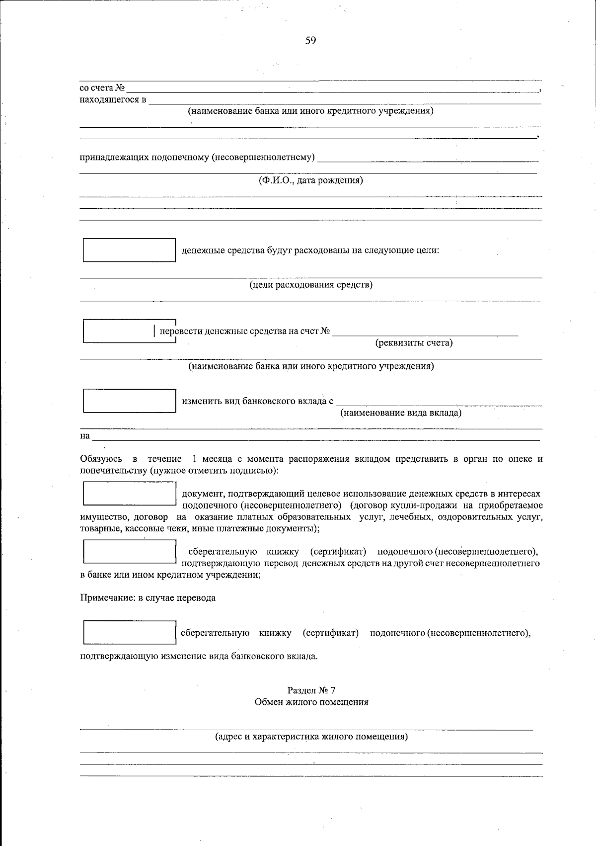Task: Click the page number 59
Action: click(x=310, y=41)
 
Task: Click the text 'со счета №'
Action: click(x=102, y=88)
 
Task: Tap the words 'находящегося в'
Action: click(x=113, y=100)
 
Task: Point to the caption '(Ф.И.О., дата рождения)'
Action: click(x=310, y=180)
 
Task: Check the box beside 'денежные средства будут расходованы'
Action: click(x=129, y=250)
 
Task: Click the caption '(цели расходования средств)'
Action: click(x=310, y=285)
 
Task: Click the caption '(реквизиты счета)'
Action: click(x=414, y=342)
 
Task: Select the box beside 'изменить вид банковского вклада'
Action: click(x=129, y=401)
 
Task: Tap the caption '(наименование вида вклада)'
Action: click(x=400, y=413)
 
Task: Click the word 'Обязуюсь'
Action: click(x=101, y=459)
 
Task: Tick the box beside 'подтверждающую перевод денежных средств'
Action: click(x=129, y=552)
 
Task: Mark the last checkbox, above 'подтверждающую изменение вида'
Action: click(x=129, y=633)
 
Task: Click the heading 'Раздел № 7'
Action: click(x=311, y=690)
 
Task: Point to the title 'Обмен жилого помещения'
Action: click(x=311, y=702)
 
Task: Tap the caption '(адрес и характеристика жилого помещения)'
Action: click(x=311, y=737)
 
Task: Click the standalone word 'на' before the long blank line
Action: click(x=85, y=436)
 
